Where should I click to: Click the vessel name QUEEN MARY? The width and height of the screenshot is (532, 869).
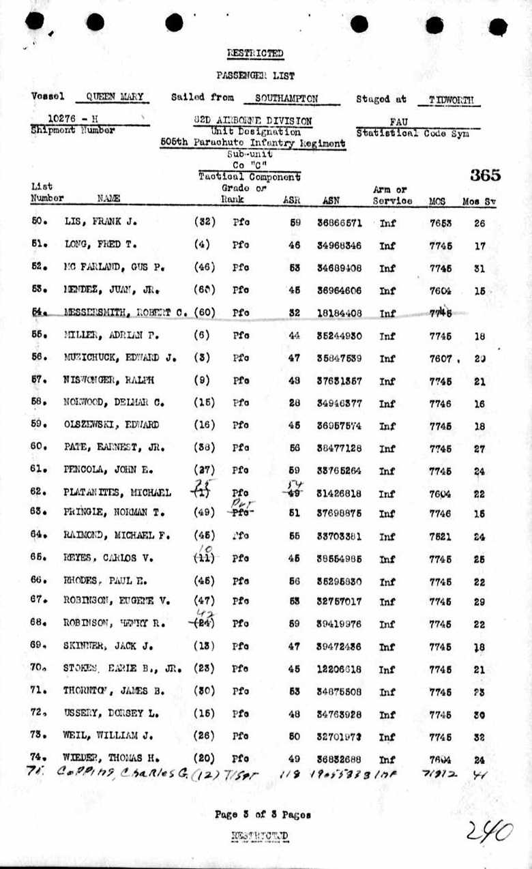coord(114,98)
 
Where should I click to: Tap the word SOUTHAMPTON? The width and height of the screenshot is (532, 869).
coord(286,98)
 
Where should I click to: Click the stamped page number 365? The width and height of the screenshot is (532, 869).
coord(485,175)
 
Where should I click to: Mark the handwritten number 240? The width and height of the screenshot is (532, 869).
coord(489,831)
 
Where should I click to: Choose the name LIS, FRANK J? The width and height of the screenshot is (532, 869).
coord(96,222)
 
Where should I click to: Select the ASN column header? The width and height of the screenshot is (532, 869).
coord(331,201)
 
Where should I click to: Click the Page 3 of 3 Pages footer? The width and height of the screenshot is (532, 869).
coord(263,814)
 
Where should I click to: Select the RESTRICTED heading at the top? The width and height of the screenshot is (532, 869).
coord(255,53)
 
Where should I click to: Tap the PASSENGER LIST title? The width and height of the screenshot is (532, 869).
coord(255,75)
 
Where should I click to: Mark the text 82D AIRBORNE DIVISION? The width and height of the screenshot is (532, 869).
coord(252,121)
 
